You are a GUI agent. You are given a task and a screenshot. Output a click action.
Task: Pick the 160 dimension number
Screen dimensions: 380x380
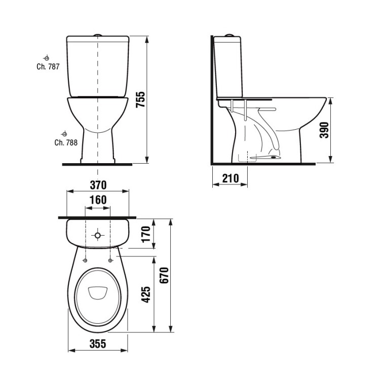tap(98, 200)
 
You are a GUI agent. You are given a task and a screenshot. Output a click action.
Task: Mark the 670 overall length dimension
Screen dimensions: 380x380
tap(163, 276)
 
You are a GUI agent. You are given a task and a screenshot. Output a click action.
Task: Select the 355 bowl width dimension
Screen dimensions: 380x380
tap(98, 344)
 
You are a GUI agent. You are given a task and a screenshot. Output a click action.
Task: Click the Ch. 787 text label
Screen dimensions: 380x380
tap(47, 67)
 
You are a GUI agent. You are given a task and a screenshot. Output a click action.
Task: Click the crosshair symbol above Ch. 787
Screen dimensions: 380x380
tap(47, 57)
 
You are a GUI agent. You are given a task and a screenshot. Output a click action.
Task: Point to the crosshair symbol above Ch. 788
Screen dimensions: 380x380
tap(64, 133)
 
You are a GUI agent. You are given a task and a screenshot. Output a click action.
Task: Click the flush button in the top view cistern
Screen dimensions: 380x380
tap(98, 235)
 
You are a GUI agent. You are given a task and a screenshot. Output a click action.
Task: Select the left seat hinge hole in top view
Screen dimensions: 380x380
tap(85, 260)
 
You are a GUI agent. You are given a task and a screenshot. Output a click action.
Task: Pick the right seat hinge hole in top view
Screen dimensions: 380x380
tap(110, 260)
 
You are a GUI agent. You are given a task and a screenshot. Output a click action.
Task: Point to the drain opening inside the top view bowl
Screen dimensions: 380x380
tap(97, 293)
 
